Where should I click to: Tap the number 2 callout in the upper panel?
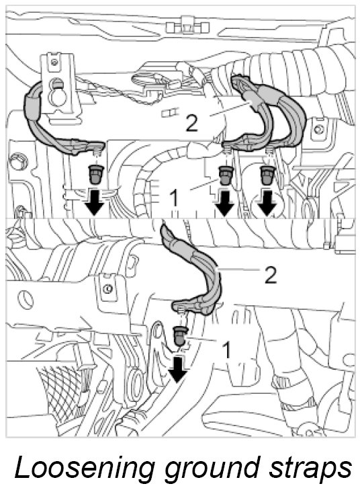coord(191,122)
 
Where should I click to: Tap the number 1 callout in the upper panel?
coord(175,198)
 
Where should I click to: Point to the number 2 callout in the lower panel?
coord(271,275)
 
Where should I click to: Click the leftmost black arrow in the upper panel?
coord(95,202)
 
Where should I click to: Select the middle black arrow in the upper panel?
coord(224,202)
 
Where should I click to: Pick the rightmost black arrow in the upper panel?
coord(267,202)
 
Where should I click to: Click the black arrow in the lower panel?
coord(177,369)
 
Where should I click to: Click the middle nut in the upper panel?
coord(226,175)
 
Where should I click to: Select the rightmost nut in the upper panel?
coord(267,175)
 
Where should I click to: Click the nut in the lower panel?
coord(180,336)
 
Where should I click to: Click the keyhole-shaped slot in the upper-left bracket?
coord(56,92)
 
